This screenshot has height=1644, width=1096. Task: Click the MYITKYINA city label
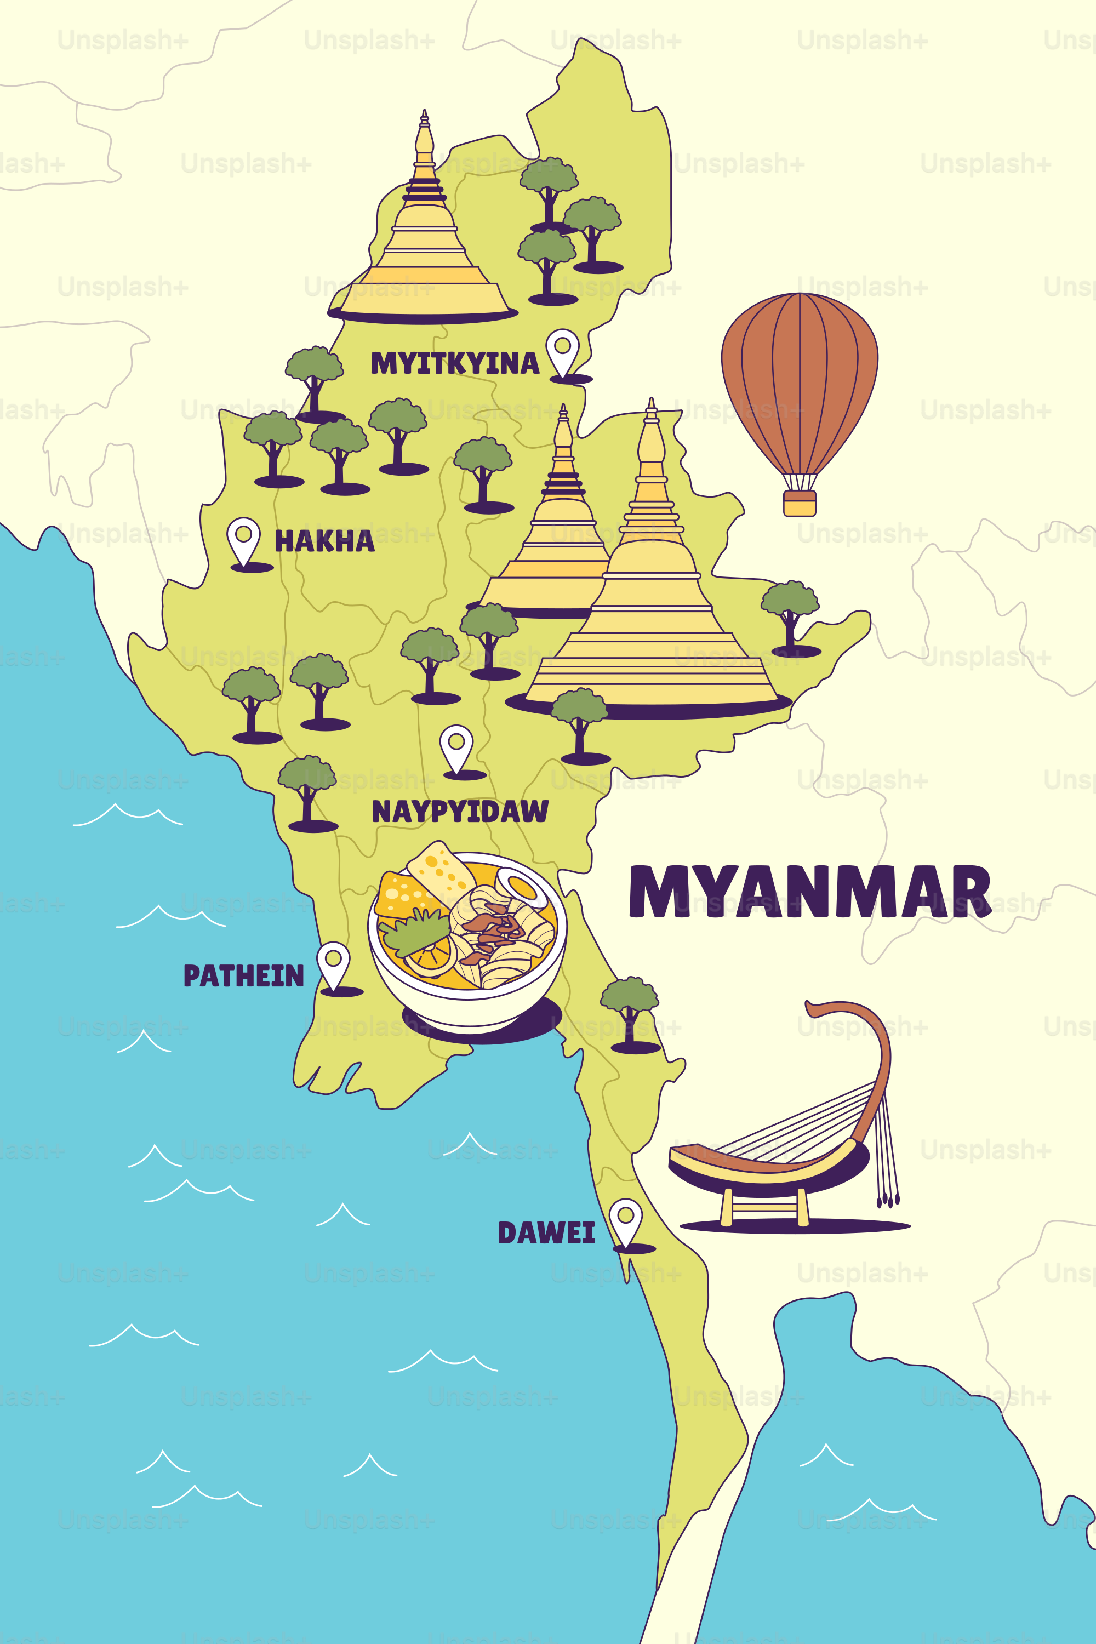[454, 363]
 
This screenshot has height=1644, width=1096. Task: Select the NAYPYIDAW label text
[460, 812]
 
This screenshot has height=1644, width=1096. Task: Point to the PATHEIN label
[243, 976]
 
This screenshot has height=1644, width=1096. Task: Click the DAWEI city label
[546, 1233]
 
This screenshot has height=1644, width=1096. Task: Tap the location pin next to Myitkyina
[563, 350]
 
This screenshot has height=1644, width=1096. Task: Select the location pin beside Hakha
[243, 538]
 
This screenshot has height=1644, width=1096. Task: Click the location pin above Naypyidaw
[456, 746]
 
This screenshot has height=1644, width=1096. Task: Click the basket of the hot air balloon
[800, 503]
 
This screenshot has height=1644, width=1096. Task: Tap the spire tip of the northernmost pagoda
[424, 115]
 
